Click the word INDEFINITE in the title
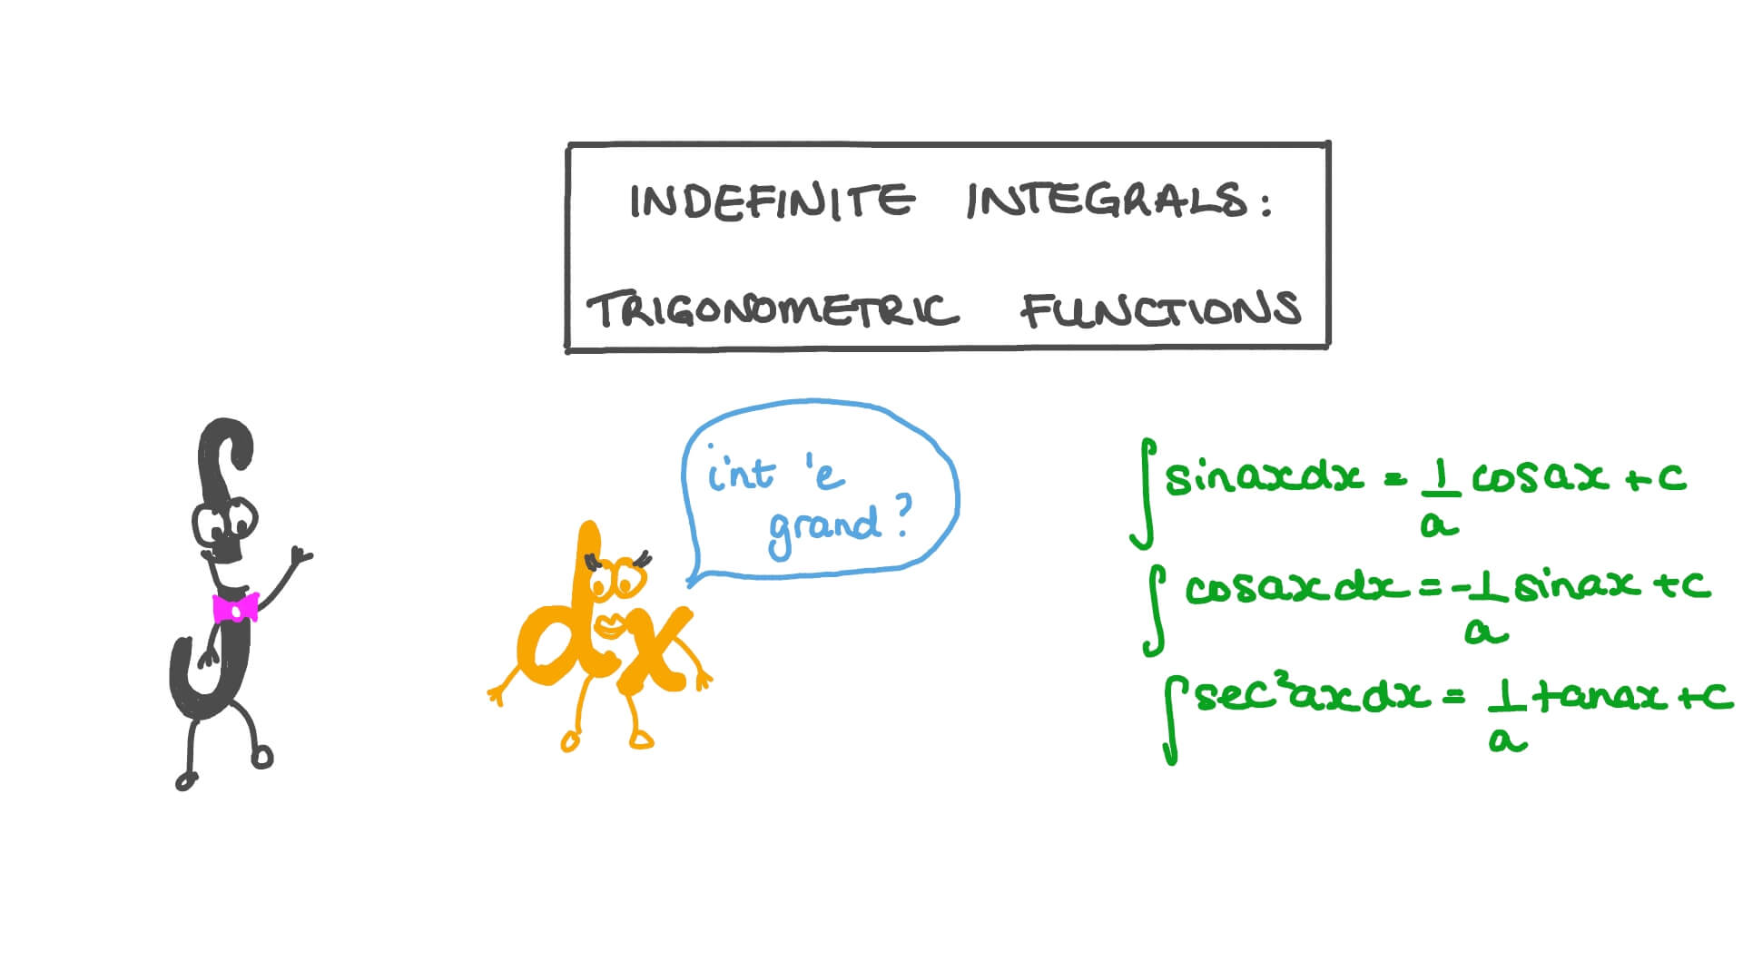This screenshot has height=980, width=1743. pos(772,201)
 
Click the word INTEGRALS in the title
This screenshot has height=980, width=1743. pos(1108,201)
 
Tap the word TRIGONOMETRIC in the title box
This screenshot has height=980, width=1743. pos(773,310)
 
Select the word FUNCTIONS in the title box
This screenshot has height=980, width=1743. pos(1161,309)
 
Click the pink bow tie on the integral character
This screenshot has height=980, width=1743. pos(235,608)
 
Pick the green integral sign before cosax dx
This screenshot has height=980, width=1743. pos(1155,609)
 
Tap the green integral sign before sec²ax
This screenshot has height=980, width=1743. pos(1173,723)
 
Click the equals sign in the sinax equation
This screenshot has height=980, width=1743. pos(1395,479)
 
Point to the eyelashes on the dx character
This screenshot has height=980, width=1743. pos(642,558)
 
